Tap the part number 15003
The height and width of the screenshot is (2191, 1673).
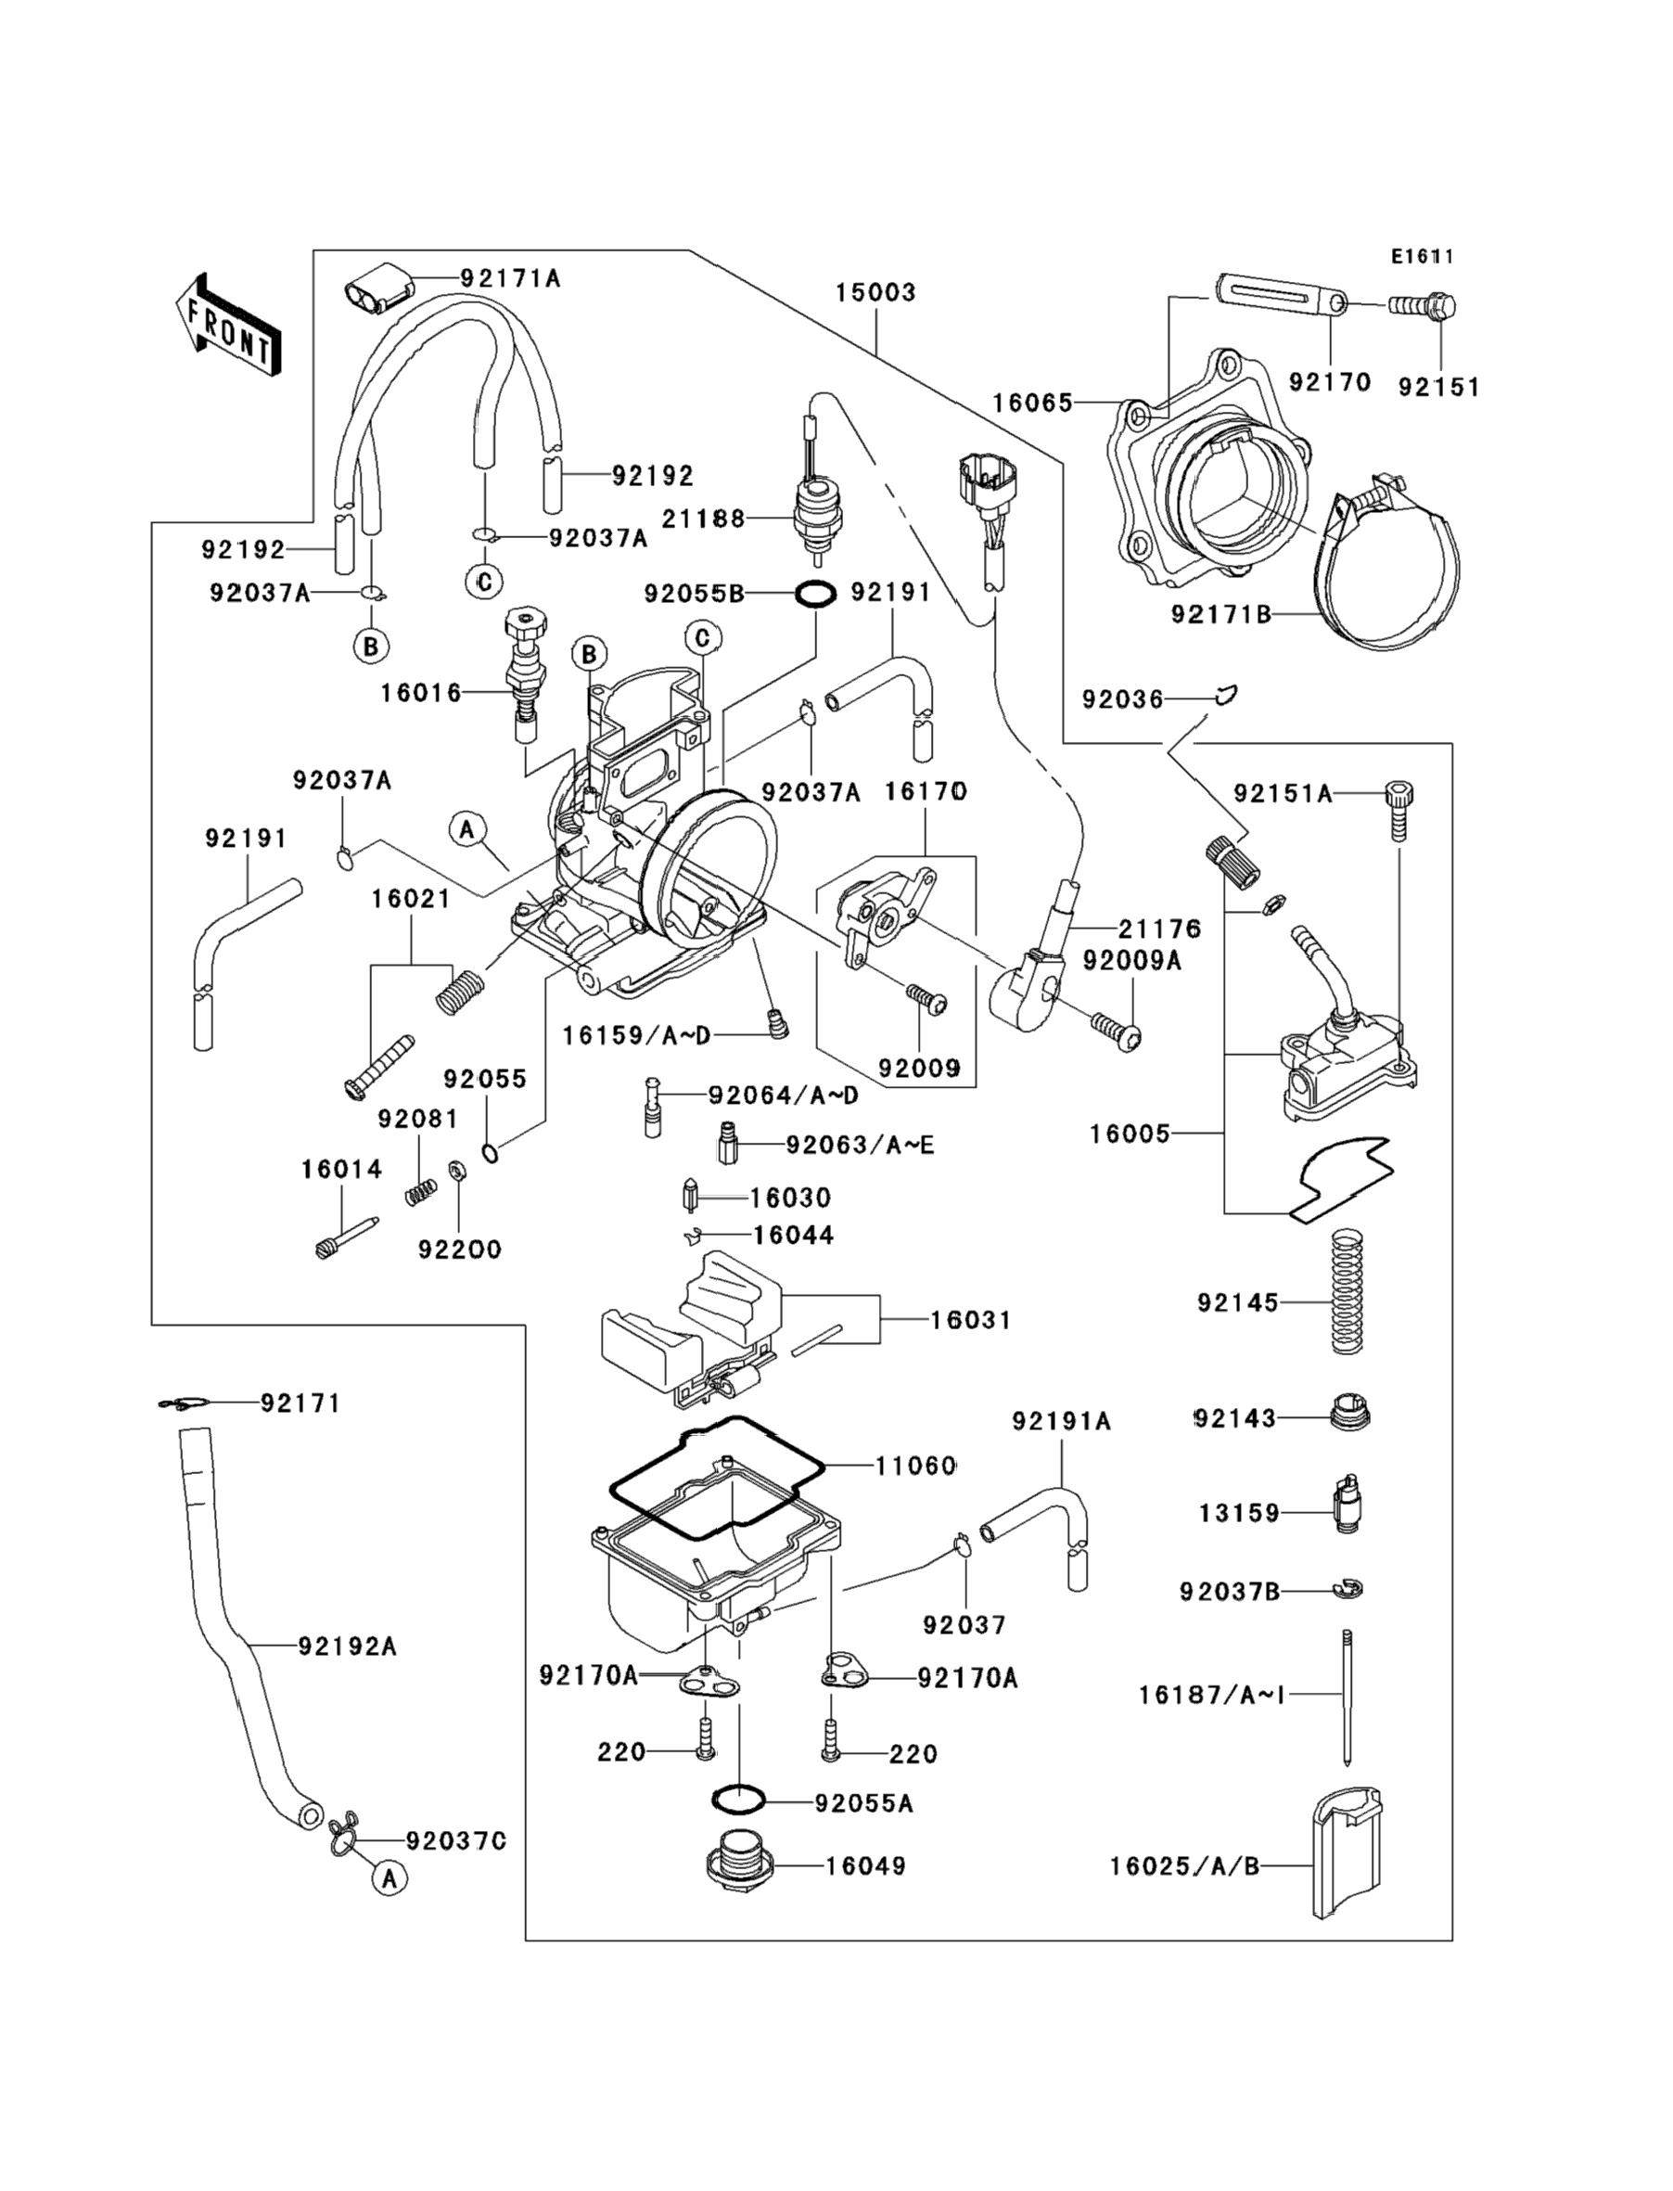(x=875, y=293)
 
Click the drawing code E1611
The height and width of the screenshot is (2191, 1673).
(x=1422, y=257)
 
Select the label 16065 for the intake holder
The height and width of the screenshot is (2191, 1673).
(x=1031, y=403)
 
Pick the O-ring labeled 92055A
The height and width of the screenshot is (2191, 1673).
(x=740, y=1800)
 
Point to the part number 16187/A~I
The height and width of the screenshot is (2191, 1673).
(x=1211, y=1694)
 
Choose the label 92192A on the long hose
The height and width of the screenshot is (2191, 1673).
(x=347, y=1647)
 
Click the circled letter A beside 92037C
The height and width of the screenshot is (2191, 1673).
(x=390, y=1878)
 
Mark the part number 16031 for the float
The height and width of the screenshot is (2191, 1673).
(x=970, y=1321)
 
